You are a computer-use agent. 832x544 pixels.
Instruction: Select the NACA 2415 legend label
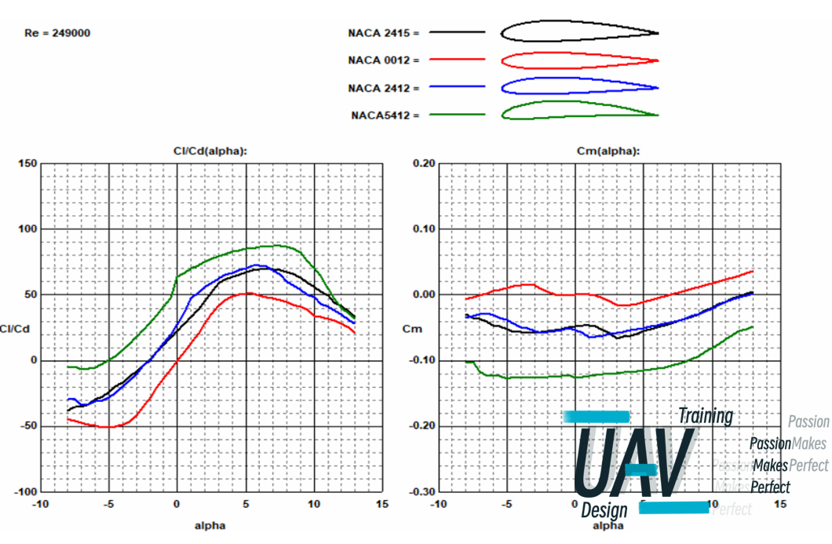(x=383, y=33)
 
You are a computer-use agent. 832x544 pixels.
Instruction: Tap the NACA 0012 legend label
(x=383, y=60)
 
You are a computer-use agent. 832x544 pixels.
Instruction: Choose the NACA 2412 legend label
(x=383, y=88)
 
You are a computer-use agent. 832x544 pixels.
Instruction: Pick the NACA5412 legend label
(x=385, y=115)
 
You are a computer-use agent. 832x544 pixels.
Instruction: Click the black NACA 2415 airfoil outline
(x=578, y=31)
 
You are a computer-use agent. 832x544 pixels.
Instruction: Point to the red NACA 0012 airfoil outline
(x=578, y=60)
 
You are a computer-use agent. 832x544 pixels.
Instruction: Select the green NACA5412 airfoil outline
(x=578, y=110)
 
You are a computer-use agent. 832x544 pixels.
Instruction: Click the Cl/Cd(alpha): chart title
(x=210, y=151)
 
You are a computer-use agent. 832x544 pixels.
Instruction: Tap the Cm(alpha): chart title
(x=608, y=151)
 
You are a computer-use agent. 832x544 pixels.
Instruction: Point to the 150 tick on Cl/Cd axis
(x=28, y=163)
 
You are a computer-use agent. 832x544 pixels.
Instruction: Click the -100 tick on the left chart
(x=26, y=491)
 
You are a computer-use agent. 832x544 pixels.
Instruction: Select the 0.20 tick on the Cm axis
(x=424, y=163)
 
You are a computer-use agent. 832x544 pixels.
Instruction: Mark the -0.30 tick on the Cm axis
(x=422, y=491)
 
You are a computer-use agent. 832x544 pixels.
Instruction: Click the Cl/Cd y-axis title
(x=15, y=329)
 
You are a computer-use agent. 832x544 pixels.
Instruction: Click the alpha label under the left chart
(x=210, y=525)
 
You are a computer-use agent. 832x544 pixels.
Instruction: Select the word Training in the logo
(x=705, y=415)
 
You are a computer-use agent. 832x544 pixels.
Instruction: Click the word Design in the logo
(x=604, y=511)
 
